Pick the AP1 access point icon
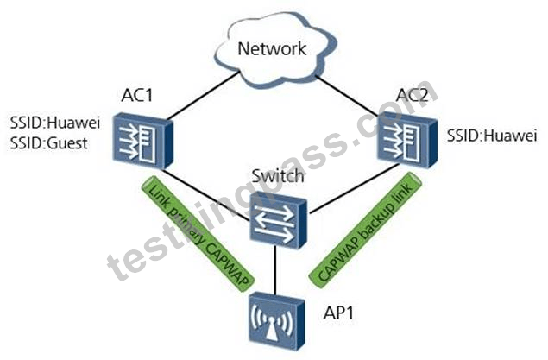(x=276, y=322)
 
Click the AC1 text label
(x=137, y=95)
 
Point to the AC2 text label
(x=413, y=95)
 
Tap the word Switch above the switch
(x=278, y=176)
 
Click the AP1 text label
(x=338, y=313)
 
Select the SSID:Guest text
(x=49, y=143)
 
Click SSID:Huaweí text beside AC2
(x=492, y=136)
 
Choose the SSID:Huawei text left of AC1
(x=55, y=123)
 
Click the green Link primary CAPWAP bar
(x=198, y=233)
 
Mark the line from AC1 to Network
(x=205, y=96)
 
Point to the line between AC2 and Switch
(x=354, y=188)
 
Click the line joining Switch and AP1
(x=276, y=270)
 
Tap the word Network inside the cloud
(x=272, y=48)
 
